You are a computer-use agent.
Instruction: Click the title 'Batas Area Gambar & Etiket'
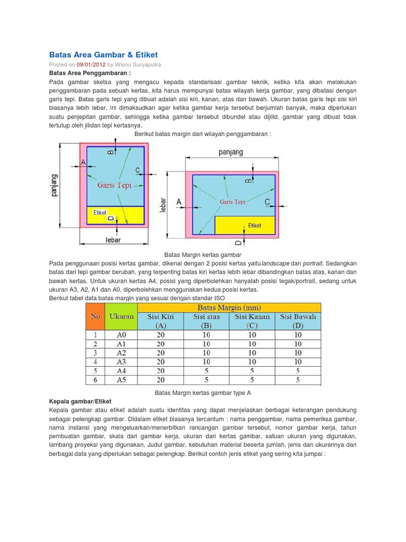coord(103,55)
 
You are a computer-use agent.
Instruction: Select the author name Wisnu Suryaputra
coord(139,64)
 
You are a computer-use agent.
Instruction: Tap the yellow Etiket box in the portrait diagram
coord(115,215)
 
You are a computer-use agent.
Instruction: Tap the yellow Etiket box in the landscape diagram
coord(245,225)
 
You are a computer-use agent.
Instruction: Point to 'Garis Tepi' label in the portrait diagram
coord(114,186)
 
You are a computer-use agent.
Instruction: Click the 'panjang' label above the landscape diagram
coord(230,152)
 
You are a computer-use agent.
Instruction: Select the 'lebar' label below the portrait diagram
coord(113,240)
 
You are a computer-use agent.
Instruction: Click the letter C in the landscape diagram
coord(267,202)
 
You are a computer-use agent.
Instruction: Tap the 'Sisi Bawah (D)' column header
coord(298,321)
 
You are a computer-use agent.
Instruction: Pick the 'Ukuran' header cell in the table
coord(121,316)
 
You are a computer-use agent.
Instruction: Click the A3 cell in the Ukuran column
coord(121,362)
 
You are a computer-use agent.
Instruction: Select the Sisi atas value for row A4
coord(206,371)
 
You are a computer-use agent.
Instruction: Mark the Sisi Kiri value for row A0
coord(160,335)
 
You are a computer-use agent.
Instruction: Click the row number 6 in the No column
coord(95,380)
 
